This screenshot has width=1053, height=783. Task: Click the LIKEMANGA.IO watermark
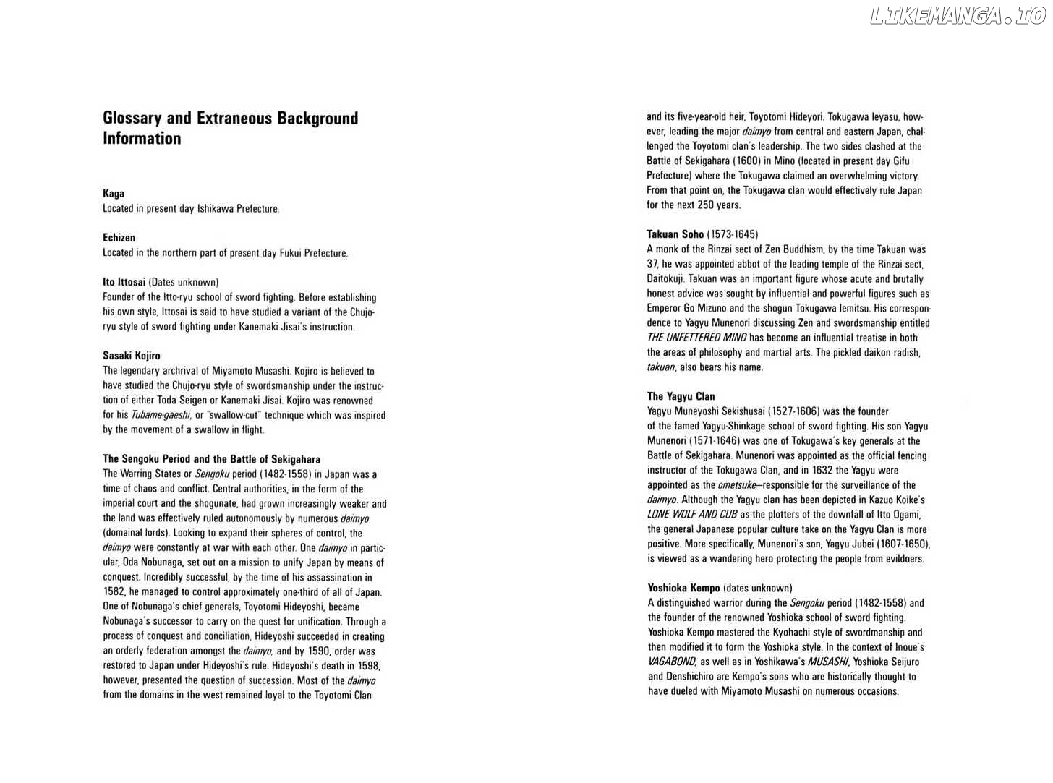pyautogui.click(x=958, y=16)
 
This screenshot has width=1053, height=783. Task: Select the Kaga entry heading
pyautogui.click(x=114, y=194)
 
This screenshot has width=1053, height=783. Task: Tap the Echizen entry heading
pyautogui.click(x=119, y=238)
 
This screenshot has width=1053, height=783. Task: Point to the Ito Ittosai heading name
pyautogui.click(x=124, y=282)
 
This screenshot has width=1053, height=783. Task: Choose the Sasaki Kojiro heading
pyautogui.click(x=132, y=356)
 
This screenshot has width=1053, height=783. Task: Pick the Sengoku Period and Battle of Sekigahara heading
pyautogui.click(x=211, y=459)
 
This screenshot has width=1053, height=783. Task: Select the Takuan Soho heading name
pyautogui.click(x=675, y=234)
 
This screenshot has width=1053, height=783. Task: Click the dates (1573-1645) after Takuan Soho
pyautogui.click(x=732, y=234)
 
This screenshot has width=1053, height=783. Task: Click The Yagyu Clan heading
pyautogui.click(x=681, y=396)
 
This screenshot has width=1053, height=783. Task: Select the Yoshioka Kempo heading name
pyautogui.click(x=683, y=588)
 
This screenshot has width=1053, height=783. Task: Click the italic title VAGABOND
pyautogui.click(x=672, y=662)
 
